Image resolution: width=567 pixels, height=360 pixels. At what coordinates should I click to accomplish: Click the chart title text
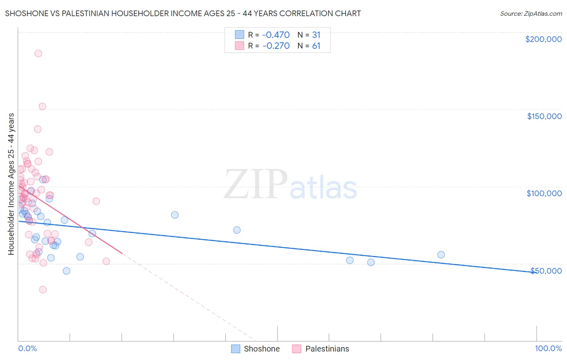(x=183, y=13)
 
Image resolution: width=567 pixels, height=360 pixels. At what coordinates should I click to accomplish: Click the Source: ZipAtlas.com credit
(x=531, y=13)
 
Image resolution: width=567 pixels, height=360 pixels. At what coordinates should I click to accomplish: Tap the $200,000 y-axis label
(x=543, y=39)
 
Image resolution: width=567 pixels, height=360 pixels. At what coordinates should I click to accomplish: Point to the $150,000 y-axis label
(x=544, y=116)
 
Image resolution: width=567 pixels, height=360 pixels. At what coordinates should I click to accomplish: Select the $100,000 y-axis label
(x=544, y=193)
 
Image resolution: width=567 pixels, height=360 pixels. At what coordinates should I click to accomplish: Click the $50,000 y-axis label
(x=546, y=270)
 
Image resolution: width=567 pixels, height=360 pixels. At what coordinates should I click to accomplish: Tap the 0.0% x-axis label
(x=27, y=348)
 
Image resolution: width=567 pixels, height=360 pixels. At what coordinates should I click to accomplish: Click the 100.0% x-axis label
(x=548, y=348)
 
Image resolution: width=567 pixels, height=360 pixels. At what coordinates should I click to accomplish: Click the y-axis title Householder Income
(x=11, y=184)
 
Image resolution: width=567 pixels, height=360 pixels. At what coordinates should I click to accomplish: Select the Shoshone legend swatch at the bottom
(x=236, y=349)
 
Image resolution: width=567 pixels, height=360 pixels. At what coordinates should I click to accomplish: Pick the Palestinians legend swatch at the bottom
(x=297, y=349)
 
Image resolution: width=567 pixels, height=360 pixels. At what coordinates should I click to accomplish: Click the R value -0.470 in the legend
(x=276, y=35)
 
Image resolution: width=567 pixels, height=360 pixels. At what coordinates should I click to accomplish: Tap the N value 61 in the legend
(x=316, y=46)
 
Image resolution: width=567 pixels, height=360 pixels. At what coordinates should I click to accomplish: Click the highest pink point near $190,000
(x=38, y=53)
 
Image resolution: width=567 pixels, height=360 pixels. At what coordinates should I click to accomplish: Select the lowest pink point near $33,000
(x=43, y=289)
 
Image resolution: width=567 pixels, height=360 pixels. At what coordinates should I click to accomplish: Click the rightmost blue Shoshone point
(x=441, y=255)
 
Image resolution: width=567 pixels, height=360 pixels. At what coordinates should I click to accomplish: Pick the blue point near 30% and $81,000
(x=175, y=215)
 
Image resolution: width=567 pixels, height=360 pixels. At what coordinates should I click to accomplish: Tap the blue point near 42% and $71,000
(x=237, y=230)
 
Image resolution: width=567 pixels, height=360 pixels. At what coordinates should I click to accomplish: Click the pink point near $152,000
(x=42, y=107)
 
